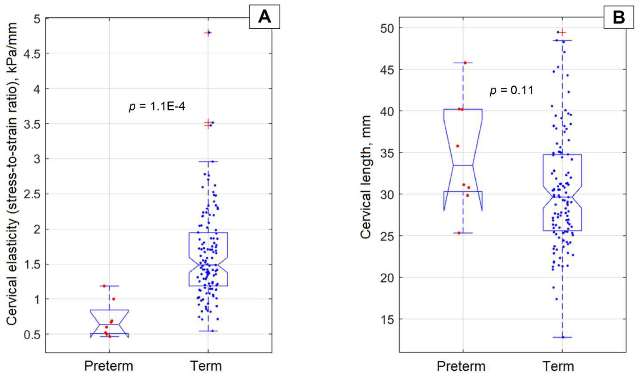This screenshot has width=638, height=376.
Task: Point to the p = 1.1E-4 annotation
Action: click(x=157, y=107)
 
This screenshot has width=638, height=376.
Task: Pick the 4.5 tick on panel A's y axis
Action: click(x=33, y=53)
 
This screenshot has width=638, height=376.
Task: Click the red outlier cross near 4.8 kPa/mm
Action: click(x=208, y=33)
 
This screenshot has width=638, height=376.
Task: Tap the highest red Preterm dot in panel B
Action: click(x=465, y=62)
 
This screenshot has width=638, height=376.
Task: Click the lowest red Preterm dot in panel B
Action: click(x=459, y=233)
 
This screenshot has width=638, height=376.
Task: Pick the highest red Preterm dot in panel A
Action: click(x=104, y=286)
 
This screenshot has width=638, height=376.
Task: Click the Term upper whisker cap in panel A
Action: click(x=208, y=161)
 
